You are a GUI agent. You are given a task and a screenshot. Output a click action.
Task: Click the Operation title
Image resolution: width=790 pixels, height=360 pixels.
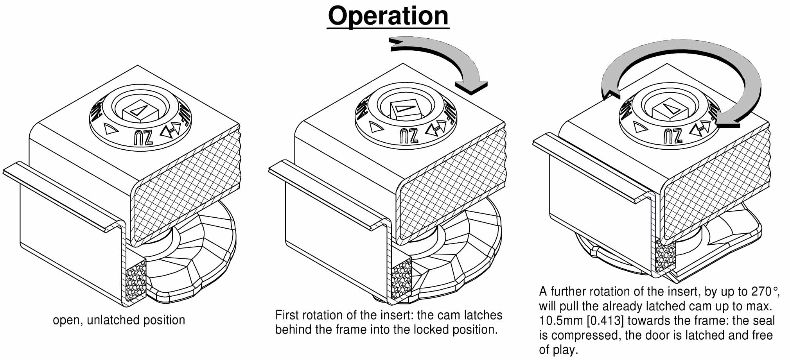(x=388, y=16)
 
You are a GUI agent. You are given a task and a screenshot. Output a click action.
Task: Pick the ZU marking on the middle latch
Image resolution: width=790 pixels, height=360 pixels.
(x=409, y=136)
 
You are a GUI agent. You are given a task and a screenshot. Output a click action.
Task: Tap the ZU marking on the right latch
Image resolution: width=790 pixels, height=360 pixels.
(x=673, y=135)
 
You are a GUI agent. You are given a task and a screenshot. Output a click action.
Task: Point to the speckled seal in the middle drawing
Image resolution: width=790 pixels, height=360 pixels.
(x=401, y=278)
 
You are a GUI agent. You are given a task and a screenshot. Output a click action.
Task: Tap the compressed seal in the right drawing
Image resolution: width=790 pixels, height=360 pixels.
(x=665, y=256)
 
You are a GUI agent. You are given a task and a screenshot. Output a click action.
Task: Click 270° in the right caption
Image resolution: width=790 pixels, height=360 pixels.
(x=765, y=291)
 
